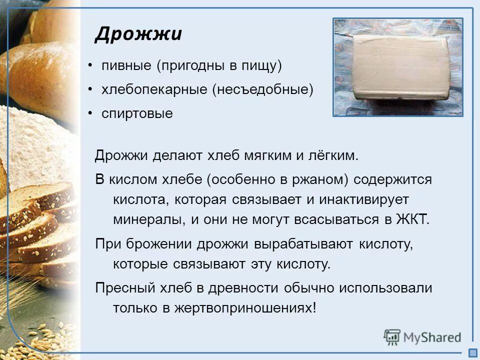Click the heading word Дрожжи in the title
(x=138, y=34)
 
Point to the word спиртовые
(x=137, y=114)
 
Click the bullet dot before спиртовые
(x=90, y=112)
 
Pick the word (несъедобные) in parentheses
(x=262, y=89)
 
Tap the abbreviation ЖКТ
(x=412, y=220)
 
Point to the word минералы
(x=142, y=220)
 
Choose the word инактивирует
(x=364, y=199)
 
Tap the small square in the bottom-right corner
(x=472, y=352)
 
